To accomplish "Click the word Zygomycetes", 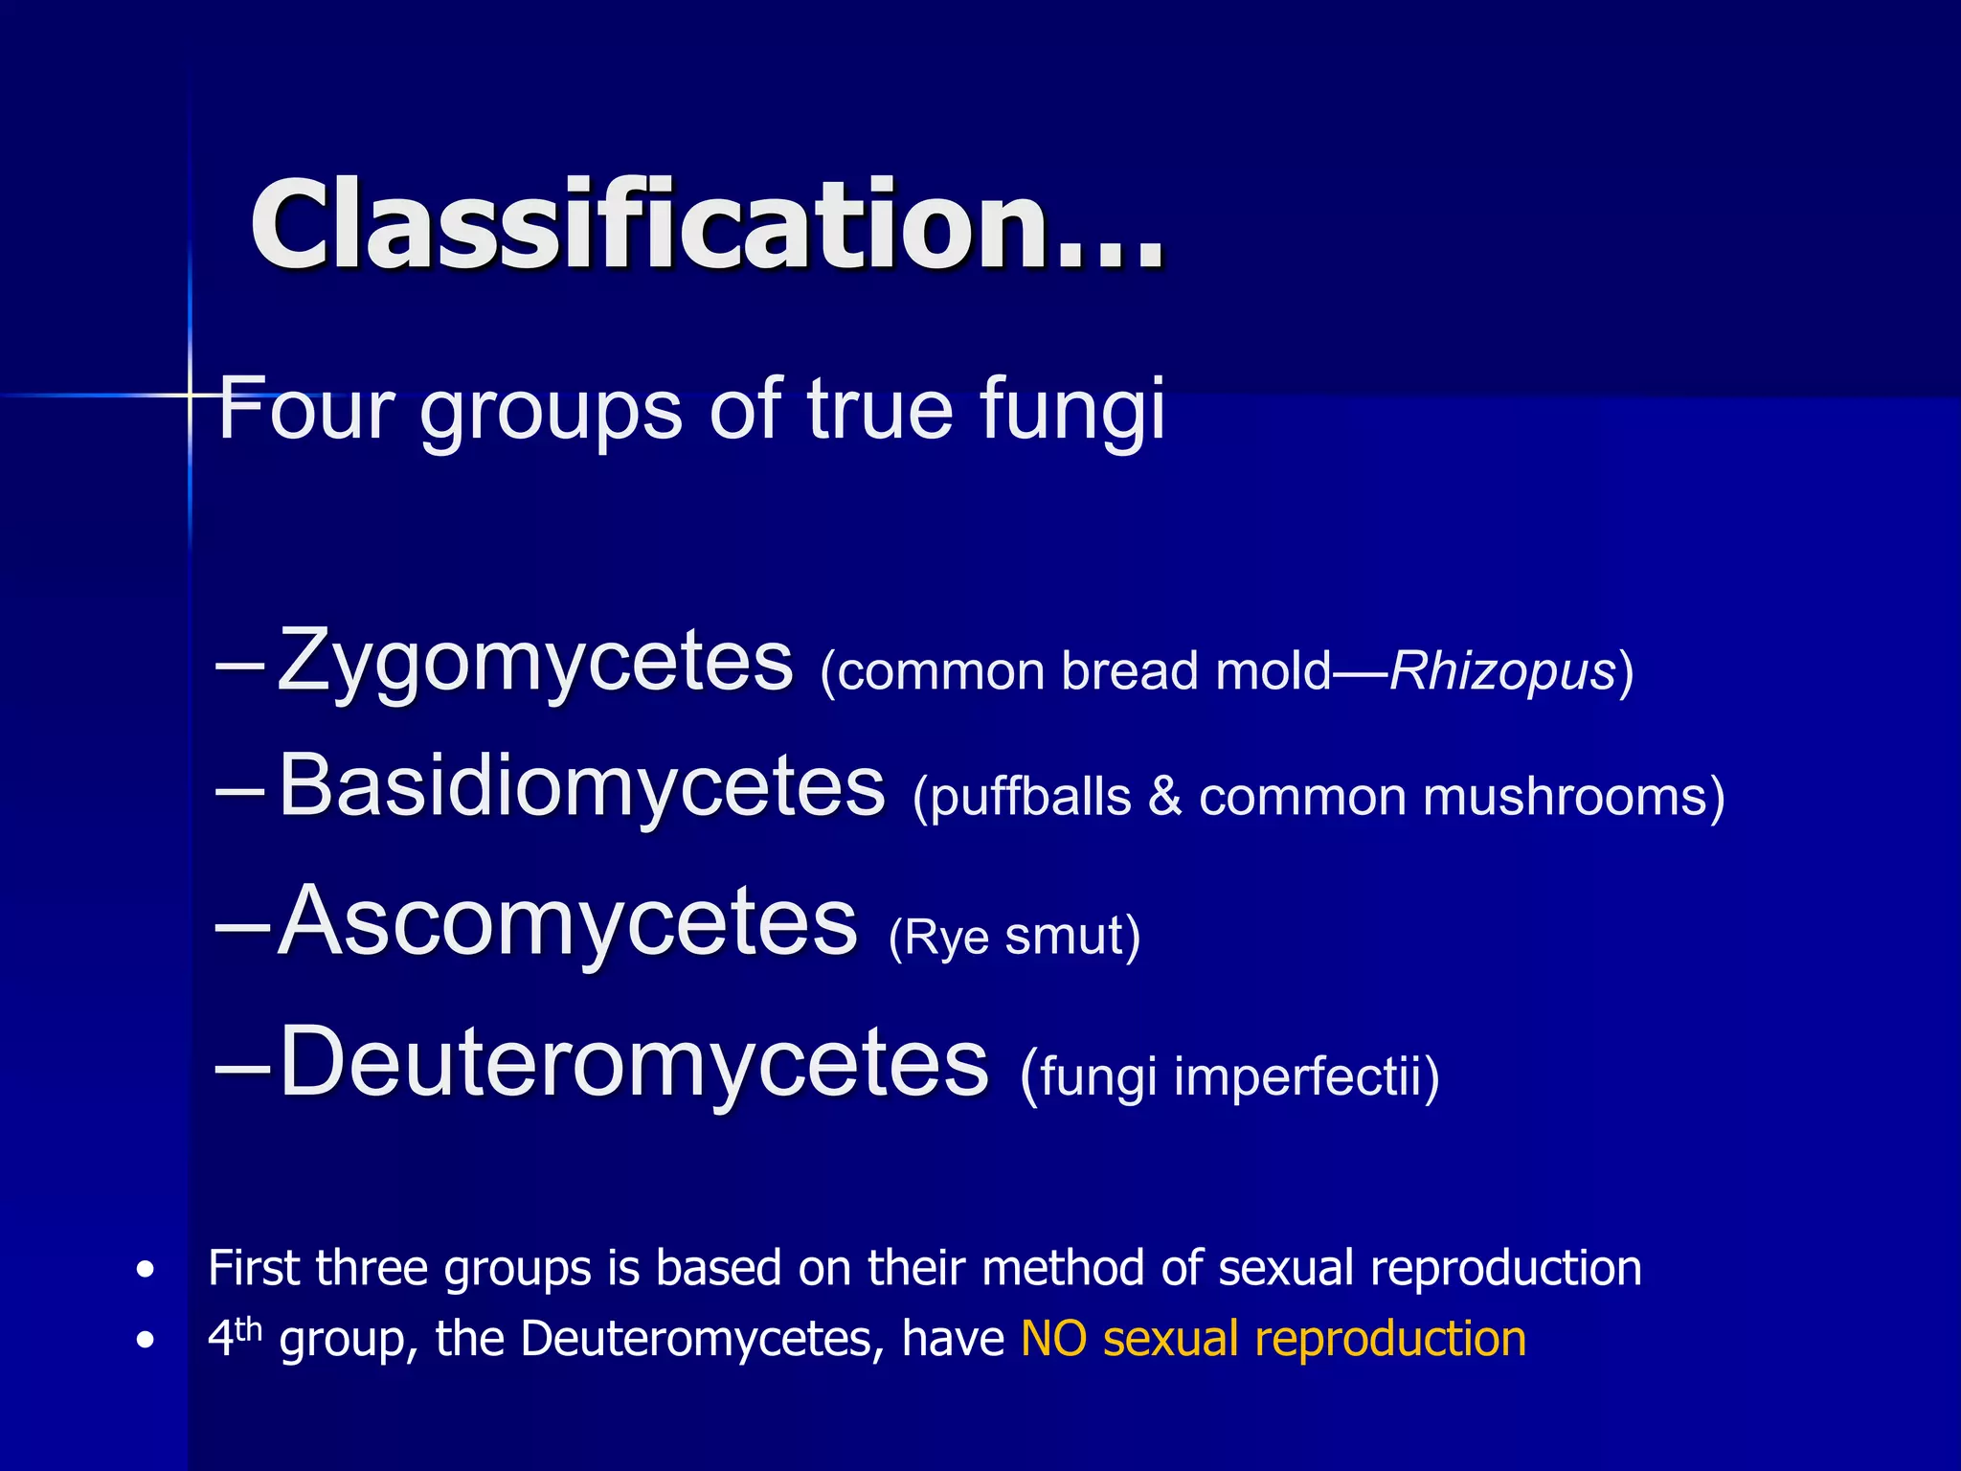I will [x=535, y=663].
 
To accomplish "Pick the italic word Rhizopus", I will [x=1501, y=670].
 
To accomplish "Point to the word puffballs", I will [x=1030, y=797].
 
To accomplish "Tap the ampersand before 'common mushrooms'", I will [x=1164, y=797].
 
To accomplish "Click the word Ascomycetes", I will [x=567, y=921].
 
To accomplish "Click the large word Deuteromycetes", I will [x=633, y=1063].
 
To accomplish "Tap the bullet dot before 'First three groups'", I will [x=145, y=1271].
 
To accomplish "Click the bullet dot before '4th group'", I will [x=145, y=1341].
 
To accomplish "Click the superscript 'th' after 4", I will [x=248, y=1329].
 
